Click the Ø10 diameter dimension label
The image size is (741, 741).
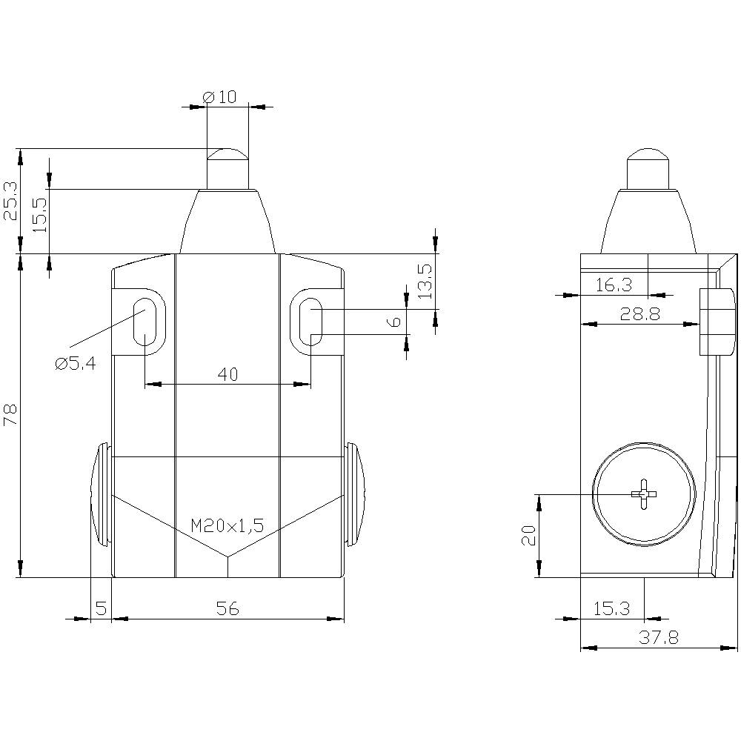219,96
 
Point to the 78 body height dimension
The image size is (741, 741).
10,415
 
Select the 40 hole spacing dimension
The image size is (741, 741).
227,374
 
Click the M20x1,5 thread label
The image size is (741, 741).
227,526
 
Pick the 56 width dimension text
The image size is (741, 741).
227,608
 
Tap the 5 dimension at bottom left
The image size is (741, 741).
102,608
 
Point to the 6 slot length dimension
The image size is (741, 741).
396,321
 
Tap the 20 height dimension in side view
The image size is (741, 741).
528,535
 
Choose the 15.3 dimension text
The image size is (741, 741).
612,608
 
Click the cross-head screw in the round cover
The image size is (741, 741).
644,494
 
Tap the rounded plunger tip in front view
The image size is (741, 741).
227,155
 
